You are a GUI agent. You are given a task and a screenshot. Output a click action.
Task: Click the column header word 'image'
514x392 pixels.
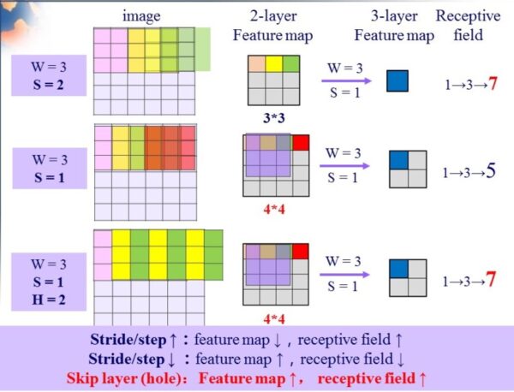[x=141, y=16]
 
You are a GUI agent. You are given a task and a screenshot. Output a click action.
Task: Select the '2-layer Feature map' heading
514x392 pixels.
[x=273, y=26]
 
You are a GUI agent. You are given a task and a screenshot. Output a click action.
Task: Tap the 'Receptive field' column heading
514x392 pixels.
[x=468, y=26]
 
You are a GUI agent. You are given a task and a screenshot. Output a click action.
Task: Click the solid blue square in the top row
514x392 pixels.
[x=397, y=81]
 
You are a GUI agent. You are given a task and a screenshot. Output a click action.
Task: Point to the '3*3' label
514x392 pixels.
[x=274, y=118]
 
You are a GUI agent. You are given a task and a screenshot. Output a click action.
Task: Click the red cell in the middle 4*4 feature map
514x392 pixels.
[x=301, y=142]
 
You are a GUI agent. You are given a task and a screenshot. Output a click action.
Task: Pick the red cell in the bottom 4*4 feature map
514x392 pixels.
[x=301, y=252]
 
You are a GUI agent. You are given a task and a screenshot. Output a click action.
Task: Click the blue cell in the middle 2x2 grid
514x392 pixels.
[x=398, y=160]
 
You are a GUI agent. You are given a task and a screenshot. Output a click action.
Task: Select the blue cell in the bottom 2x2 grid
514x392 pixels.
[x=398, y=269]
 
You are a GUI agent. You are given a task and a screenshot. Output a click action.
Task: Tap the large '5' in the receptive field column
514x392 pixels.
[x=491, y=171]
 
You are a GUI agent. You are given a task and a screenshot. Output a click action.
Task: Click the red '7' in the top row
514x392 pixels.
[x=493, y=84]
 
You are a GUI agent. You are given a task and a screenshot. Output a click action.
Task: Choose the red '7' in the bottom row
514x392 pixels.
[x=491, y=279]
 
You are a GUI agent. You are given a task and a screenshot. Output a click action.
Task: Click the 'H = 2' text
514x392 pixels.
[x=49, y=300]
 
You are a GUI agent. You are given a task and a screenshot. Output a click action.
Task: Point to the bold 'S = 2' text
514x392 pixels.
[x=49, y=85]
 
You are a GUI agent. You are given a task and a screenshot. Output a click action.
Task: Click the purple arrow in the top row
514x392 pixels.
[x=346, y=80]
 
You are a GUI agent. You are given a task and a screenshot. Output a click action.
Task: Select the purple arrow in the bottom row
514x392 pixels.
[x=345, y=275]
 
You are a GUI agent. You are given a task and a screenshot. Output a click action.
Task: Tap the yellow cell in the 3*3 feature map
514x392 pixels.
[x=274, y=64]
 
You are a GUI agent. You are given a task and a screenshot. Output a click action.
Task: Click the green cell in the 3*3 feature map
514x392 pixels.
[x=291, y=64]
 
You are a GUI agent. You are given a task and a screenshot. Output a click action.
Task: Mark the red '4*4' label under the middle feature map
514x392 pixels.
[x=274, y=209]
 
